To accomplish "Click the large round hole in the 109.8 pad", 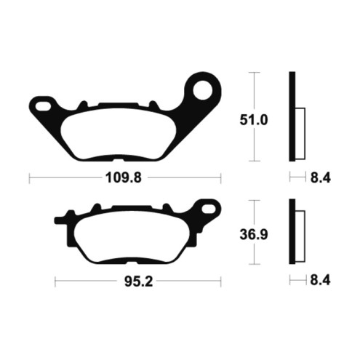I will (204, 91).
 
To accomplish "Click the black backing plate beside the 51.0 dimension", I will (292, 116).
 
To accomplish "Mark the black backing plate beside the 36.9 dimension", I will (292, 232).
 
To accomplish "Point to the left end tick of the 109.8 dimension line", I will (30, 177).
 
